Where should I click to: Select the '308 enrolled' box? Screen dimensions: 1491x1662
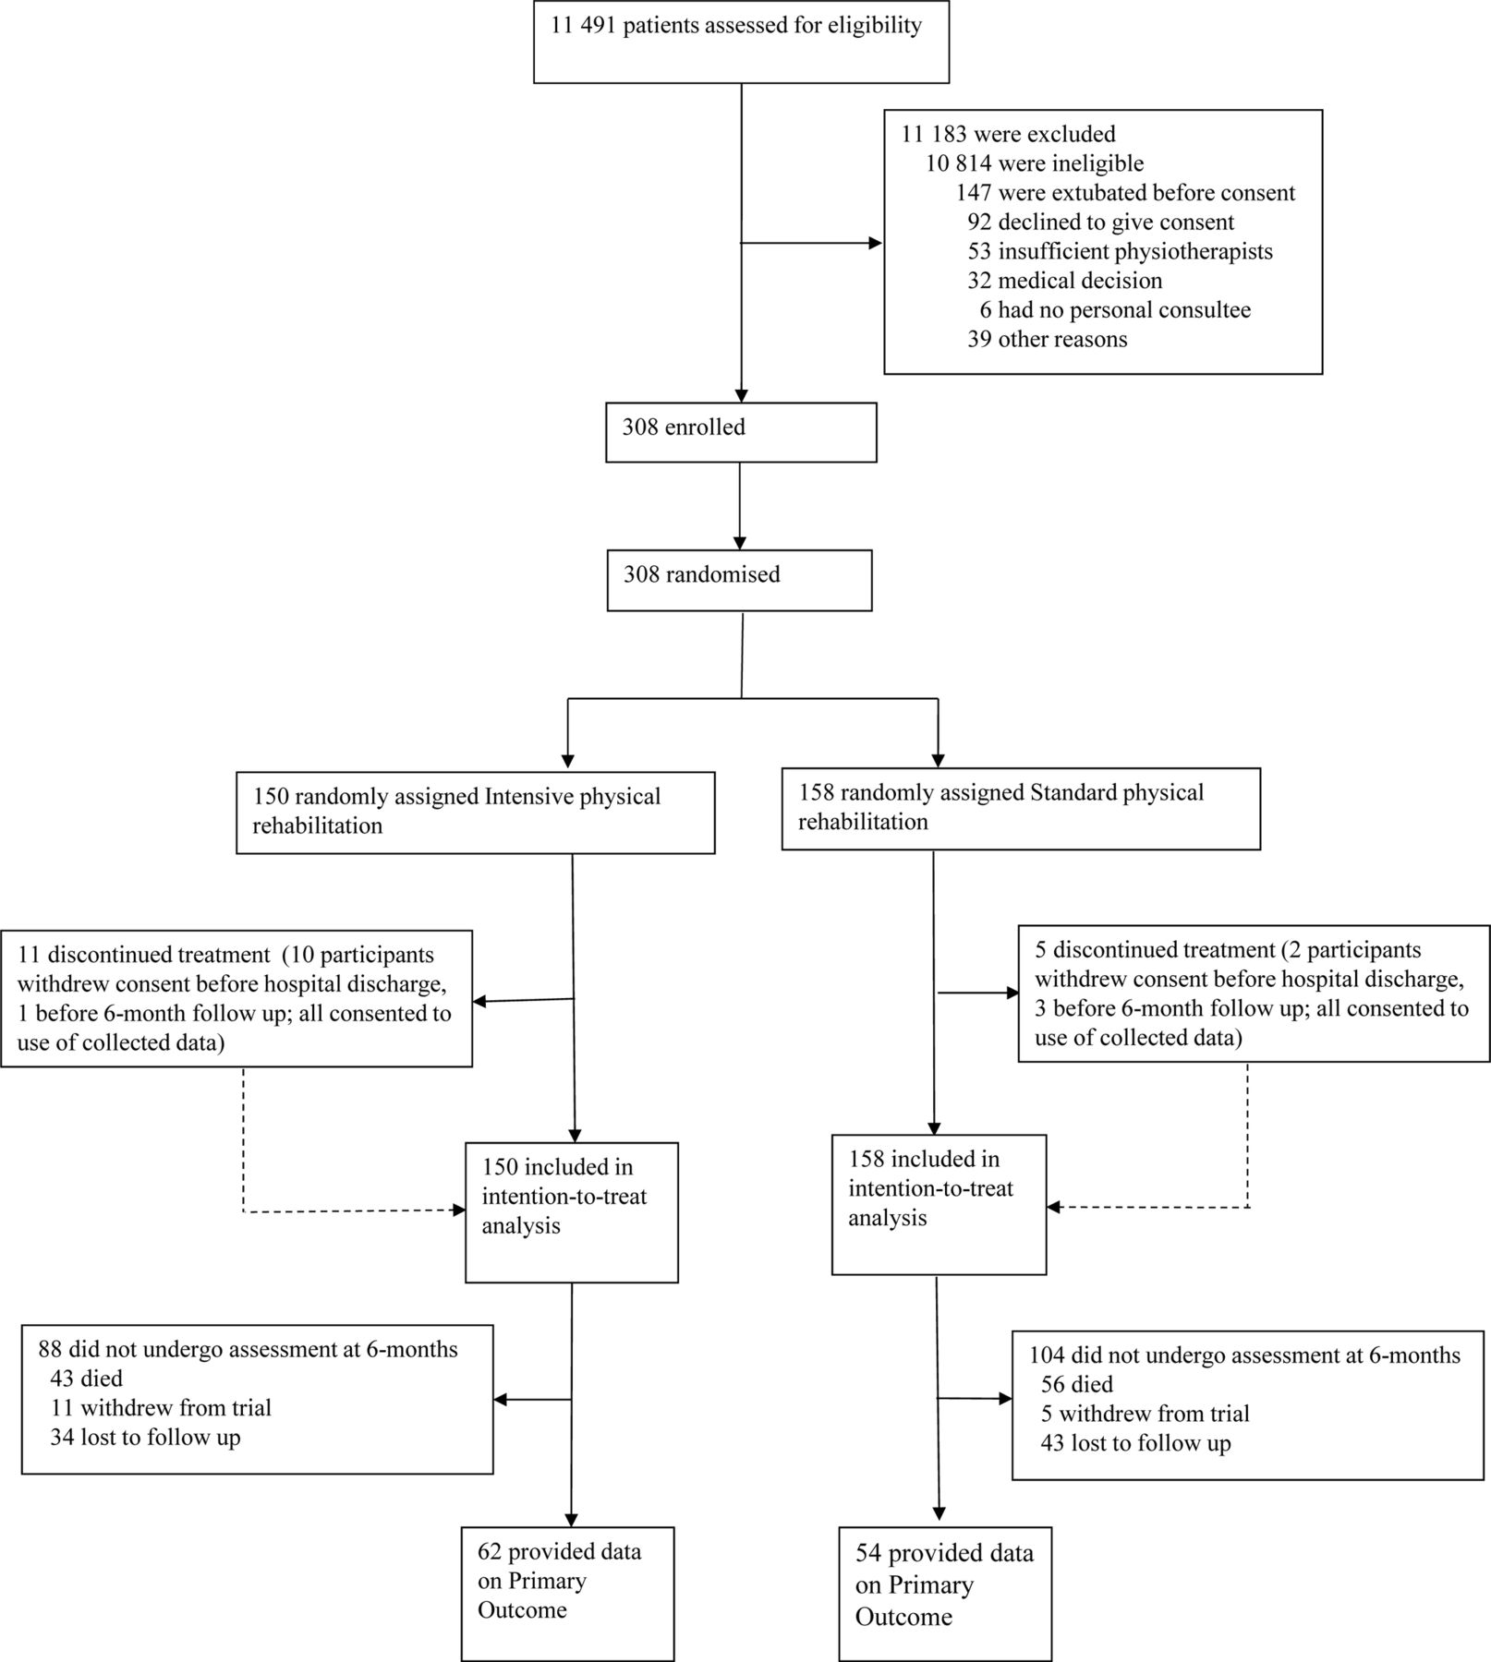[741, 432]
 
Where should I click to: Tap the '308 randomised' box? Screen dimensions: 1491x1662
[739, 580]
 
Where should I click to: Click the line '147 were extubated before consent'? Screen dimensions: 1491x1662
[1125, 193]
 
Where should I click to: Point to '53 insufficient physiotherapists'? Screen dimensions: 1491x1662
[1120, 251]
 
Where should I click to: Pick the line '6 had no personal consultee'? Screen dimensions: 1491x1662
[1115, 309]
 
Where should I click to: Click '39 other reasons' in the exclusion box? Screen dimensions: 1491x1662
[1048, 339]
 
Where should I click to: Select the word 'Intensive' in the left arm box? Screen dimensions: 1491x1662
[528, 796]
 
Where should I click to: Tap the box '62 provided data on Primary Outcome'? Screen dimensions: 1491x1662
[568, 1594]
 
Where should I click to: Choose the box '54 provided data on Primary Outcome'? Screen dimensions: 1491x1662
[945, 1594]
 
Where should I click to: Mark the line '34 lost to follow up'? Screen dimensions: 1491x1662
[145, 1438]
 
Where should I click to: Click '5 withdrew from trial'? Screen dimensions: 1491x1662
[1145, 1414]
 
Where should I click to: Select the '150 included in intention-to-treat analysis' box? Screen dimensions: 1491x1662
[572, 1212]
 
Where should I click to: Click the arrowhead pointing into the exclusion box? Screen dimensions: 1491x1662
[875, 243]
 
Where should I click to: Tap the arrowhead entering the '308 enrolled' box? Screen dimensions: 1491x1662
[741, 395]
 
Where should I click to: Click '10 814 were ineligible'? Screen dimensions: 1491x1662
[1035, 163]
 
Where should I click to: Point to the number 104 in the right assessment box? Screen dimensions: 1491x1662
[1046, 1355]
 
